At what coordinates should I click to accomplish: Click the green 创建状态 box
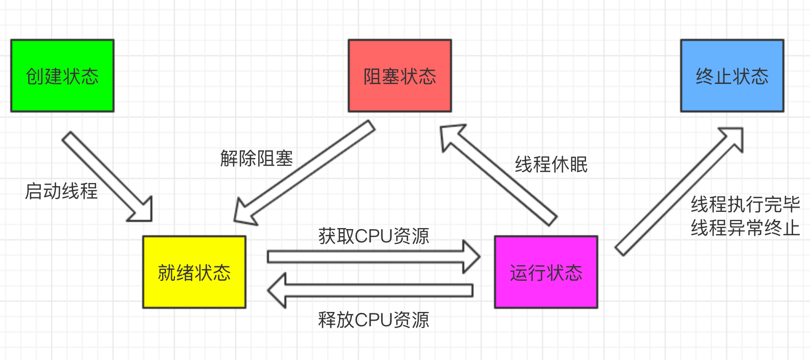pyautogui.click(x=62, y=76)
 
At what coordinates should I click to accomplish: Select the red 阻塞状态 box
pyautogui.click(x=400, y=76)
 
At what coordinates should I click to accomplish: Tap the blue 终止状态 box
pyautogui.click(x=732, y=76)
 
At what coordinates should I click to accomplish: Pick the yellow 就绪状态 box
pyautogui.click(x=194, y=272)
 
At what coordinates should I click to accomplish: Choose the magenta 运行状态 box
pyautogui.click(x=546, y=272)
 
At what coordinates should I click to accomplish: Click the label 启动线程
pyautogui.click(x=61, y=191)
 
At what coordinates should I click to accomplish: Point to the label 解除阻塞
pyautogui.click(x=257, y=158)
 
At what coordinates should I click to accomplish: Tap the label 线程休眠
pyautogui.click(x=551, y=165)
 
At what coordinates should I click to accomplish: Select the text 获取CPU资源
pyautogui.click(x=374, y=236)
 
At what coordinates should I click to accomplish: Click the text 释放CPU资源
pyautogui.click(x=374, y=320)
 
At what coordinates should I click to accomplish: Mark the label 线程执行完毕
pyautogui.click(x=745, y=205)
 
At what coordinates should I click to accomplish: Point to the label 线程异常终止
pyautogui.click(x=745, y=228)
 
